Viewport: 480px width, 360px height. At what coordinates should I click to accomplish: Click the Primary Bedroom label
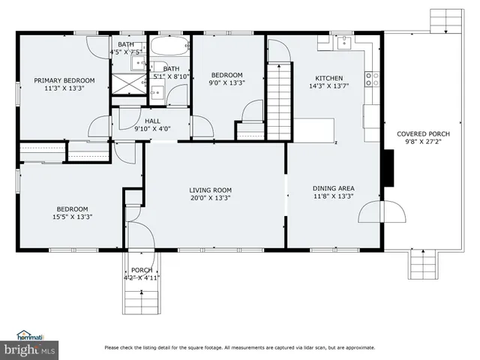64,80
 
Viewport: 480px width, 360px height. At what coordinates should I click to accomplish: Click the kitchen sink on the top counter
342,41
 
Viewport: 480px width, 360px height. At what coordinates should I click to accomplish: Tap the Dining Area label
333,188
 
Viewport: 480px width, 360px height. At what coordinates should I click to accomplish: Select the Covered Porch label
424,134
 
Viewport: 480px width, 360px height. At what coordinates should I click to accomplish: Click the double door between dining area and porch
384,213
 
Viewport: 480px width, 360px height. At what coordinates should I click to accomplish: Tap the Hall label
152,120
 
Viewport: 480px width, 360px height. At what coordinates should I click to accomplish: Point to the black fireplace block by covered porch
388,167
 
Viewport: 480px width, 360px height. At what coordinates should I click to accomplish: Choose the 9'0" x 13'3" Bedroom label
226,83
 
